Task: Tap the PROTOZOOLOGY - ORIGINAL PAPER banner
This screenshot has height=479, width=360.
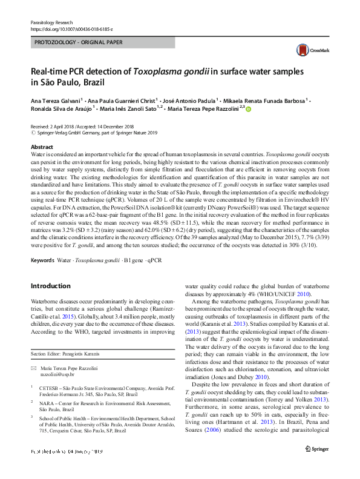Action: (x=78, y=42)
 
